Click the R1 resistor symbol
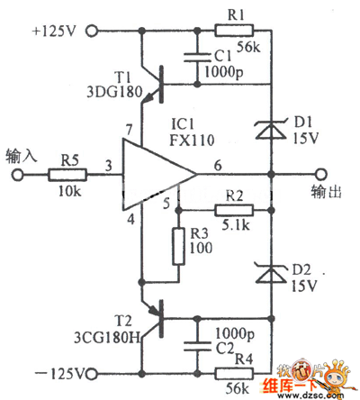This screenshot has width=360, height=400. coord(234,31)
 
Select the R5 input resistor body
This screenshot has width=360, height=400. coord(67,175)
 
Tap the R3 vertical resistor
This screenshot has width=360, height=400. coord(178,247)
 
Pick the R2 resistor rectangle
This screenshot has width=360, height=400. coord(234,211)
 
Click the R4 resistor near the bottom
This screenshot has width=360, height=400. coord(234,374)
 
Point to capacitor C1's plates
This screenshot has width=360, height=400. coord(197,58)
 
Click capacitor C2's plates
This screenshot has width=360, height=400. coord(197,346)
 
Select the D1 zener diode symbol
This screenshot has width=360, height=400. coord(271,129)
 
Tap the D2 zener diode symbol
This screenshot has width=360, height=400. coord(271,273)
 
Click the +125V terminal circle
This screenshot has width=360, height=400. coord(92,31)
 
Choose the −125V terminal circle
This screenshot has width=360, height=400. coord(92,374)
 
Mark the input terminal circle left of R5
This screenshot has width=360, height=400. coord(18,175)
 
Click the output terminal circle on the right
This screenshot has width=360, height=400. coord(321,174)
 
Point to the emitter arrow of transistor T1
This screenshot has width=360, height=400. coord(148,98)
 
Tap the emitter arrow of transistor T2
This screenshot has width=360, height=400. coord(154,310)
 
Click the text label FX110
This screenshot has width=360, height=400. coord(192,140)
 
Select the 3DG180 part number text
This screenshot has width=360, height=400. coord(114,92)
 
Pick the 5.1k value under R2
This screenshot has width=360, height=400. coord(236,225)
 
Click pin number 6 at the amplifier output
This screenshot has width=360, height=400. coord(218,165)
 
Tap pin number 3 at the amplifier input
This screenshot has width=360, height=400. coord(109,166)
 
